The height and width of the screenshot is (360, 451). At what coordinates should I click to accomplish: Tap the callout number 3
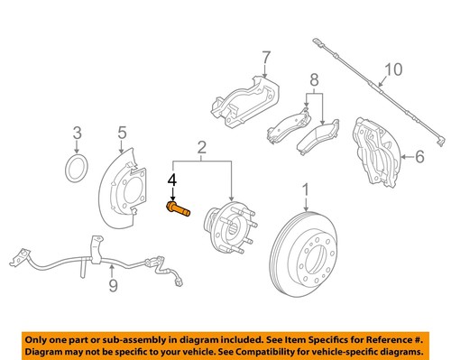(78, 134)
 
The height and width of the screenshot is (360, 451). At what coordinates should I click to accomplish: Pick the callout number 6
(419, 157)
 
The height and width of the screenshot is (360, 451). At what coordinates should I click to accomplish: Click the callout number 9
(113, 286)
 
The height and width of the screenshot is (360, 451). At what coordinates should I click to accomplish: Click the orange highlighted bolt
(178, 209)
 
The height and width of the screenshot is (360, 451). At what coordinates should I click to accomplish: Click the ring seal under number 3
(78, 169)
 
